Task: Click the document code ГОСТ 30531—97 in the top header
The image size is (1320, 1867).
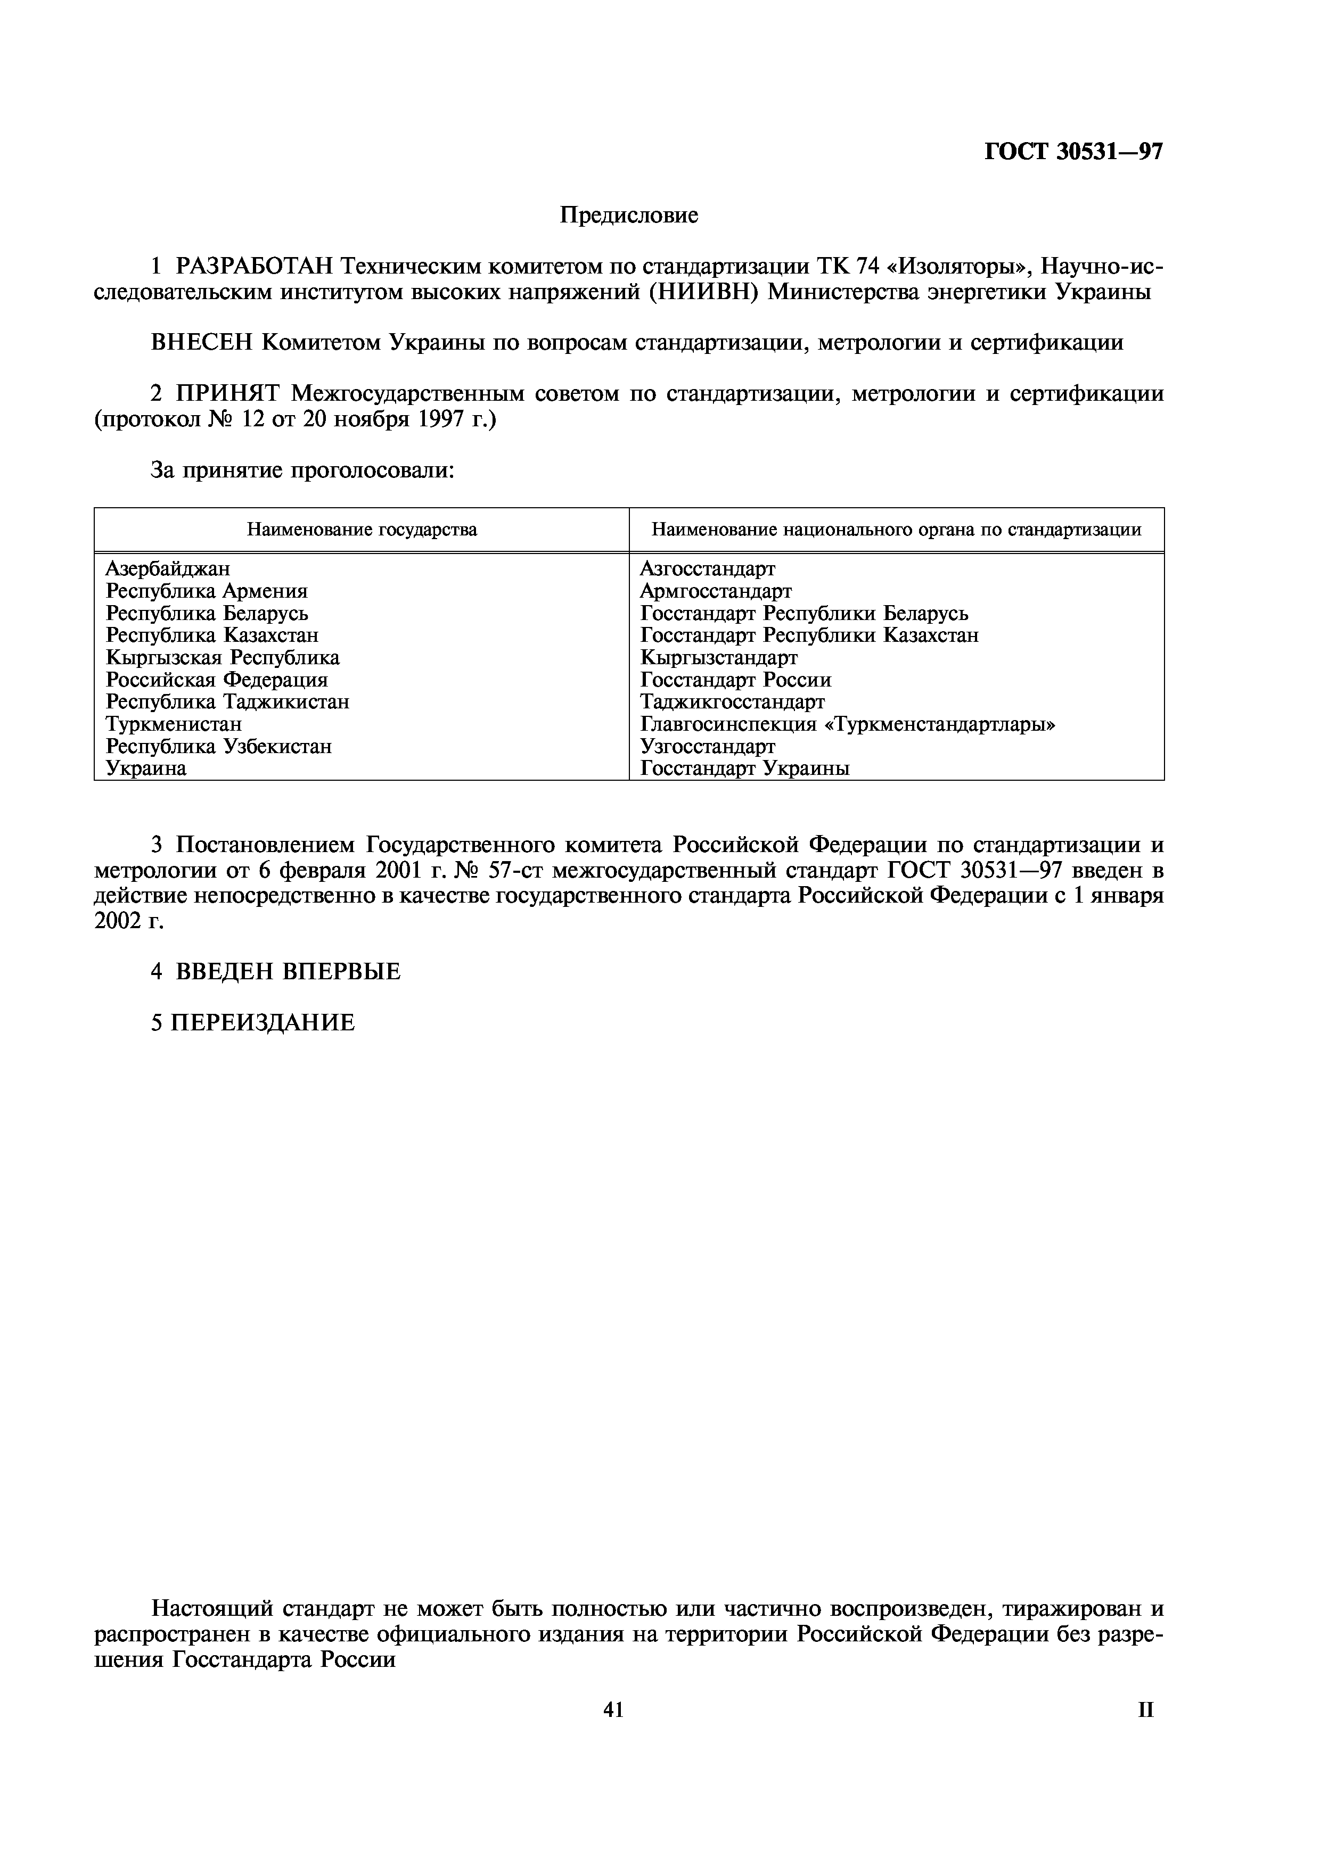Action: point(1073,152)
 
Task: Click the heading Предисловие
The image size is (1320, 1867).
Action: point(629,216)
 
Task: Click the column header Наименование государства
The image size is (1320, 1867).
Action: point(362,530)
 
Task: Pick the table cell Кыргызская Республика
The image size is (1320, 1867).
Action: point(222,657)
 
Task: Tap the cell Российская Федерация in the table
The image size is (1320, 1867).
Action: point(216,680)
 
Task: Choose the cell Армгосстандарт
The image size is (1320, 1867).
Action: point(715,591)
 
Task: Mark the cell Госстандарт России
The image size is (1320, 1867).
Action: point(735,680)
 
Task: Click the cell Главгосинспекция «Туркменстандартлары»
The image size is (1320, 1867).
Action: point(848,724)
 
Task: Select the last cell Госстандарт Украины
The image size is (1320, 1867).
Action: point(744,769)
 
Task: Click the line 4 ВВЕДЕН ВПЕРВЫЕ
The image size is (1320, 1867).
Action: point(276,972)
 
